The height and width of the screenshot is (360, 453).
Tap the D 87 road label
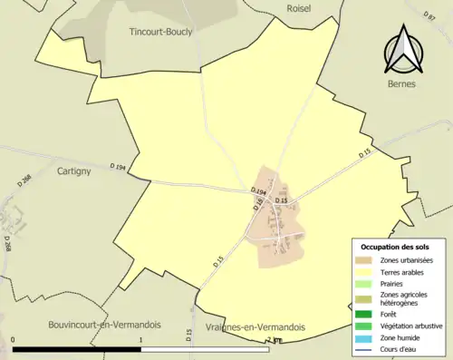coord(430,16)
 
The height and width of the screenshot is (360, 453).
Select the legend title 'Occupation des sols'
coord(395,248)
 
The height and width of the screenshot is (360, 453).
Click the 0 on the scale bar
coord(14,340)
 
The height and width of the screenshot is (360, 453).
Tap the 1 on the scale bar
coord(140,340)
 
